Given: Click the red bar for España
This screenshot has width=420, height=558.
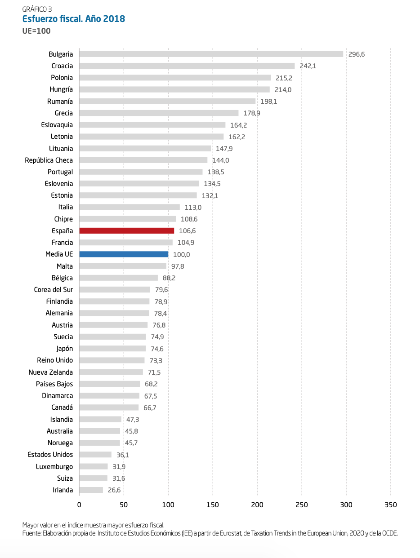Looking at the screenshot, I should click(126, 230).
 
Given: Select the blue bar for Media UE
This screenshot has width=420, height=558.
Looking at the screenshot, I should click(124, 254).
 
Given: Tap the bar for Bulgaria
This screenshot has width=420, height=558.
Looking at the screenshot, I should click(211, 54).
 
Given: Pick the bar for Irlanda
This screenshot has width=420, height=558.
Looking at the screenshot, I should click(91, 490).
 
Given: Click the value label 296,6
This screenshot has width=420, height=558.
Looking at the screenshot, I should click(357, 54).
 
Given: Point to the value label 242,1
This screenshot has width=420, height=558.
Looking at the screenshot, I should click(308, 66).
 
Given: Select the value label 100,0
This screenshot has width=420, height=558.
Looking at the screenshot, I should click(181, 254).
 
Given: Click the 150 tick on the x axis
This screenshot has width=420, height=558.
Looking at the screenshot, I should click(213, 505).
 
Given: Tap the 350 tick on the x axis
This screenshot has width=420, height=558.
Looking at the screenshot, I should click(391, 505).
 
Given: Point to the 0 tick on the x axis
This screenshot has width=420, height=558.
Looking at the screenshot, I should click(79, 505).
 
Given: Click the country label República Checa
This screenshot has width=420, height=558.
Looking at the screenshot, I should click(49, 160).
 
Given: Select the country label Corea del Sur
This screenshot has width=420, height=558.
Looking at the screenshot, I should click(53, 289).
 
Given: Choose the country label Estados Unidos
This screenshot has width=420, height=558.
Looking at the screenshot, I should click(50, 454).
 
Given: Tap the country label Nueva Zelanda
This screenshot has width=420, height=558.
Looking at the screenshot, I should click(50, 372).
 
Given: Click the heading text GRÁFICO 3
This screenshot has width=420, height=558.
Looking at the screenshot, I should click(36, 9).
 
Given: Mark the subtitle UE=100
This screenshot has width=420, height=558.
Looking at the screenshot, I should click(36, 31).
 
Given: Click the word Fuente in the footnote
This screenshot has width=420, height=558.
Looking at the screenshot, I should click(31, 533).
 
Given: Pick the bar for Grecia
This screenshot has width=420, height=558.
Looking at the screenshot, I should click(159, 113).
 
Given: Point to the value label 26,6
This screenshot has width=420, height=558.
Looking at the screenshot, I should click(114, 490).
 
